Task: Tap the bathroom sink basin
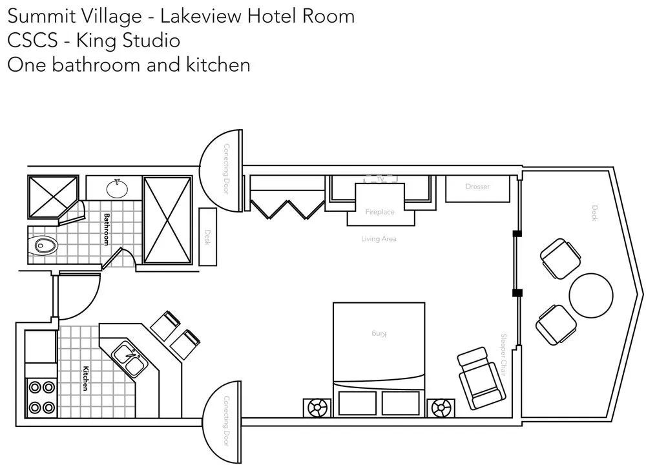116,189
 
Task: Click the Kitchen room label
85,379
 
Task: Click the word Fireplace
379,212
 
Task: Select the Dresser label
477,187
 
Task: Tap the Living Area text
379,239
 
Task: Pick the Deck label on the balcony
594,213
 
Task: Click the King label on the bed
379,333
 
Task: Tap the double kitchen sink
130,360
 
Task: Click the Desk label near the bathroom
207,236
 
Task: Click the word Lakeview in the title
196,16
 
